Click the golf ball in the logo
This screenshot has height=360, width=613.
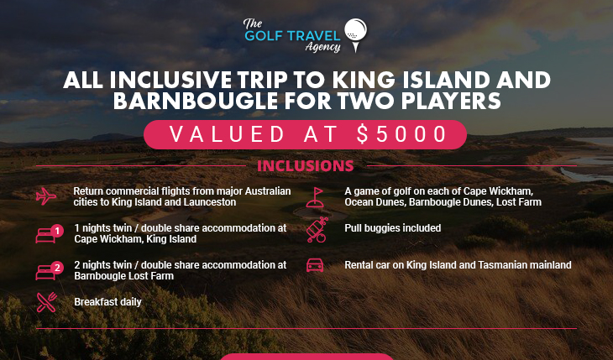(355, 29)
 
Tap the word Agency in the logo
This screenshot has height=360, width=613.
(323, 47)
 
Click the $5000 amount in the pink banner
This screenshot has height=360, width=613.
(402, 134)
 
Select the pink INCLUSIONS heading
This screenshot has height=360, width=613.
(306, 166)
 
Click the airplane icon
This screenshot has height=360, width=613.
(46, 196)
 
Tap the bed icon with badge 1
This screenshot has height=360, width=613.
(49, 234)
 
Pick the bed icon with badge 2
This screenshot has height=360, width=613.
(49, 271)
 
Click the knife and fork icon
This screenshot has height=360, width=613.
(47, 302)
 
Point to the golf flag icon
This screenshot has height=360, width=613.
(315, 197)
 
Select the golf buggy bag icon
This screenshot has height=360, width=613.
(317, 230)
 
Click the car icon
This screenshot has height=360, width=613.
(315, 265)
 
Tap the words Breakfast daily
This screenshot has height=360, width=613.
(107, 302)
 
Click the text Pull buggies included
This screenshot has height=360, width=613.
(392, 228)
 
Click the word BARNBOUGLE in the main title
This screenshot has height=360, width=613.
(196, 101)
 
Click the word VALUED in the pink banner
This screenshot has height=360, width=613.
(227, 134)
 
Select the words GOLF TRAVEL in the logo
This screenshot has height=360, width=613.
(292, 36)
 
